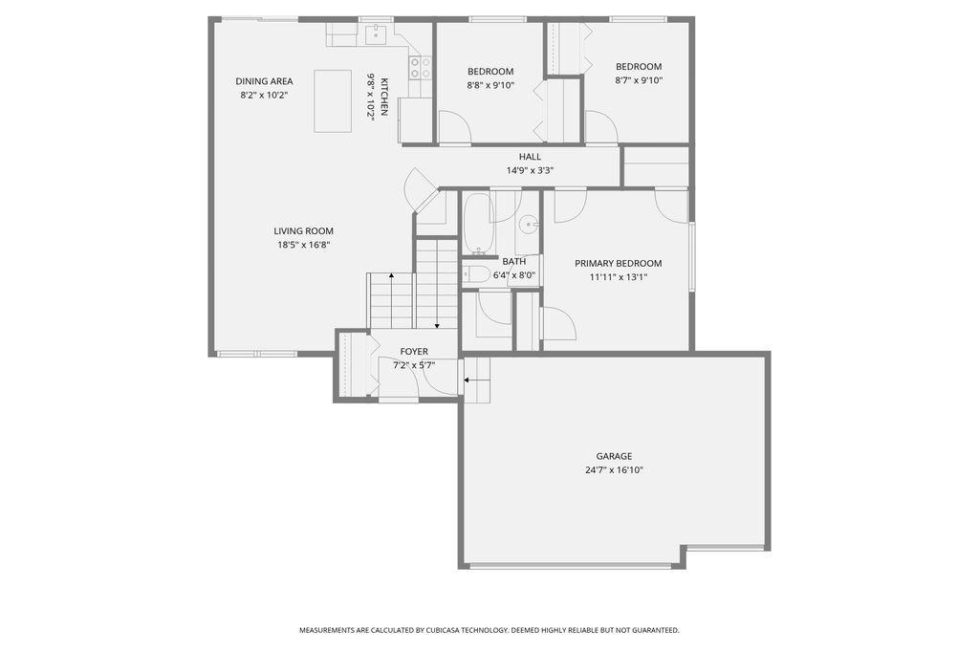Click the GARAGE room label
tap(614, 457)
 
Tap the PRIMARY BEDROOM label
tap(619, 264)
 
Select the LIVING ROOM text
tap(303, 231)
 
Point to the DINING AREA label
tap(264, 81)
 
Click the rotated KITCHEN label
tap(384, 97)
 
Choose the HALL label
tap(530, 157)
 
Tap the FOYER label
tap(414, 352)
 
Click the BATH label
tap(513, 262)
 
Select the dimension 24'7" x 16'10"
tap(614, 470)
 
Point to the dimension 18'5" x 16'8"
tap(303, 245)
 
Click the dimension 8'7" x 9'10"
tap(639, 80)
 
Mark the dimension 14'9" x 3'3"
tap(530, 170)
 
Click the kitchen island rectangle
tap(333, 101)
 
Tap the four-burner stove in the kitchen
tap(421, 68)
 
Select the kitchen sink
tap(376, 34)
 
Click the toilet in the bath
tap(477, 272)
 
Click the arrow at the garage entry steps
tap(476, 380)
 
